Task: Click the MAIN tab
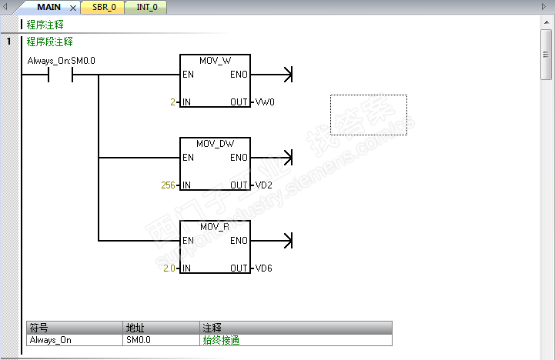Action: [x=48, y=8]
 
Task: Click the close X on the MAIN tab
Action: [x=73, y=8]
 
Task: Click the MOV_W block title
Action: [x=215, y=61]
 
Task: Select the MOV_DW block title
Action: [x=215, y=144]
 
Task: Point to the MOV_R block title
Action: [x=215, y=227]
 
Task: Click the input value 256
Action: [x=168, y=185]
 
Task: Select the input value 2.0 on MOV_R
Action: [x=169, y=268]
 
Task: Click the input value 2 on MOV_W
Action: [x=174, y=102]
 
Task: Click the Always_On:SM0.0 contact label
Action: [x=62, y=60]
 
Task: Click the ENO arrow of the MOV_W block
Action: [x=288, y=75]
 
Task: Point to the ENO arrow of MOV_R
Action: [x=288, y=241]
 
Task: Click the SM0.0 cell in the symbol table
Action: [x=139, y=339]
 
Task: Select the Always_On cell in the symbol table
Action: [x=50, y=339]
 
